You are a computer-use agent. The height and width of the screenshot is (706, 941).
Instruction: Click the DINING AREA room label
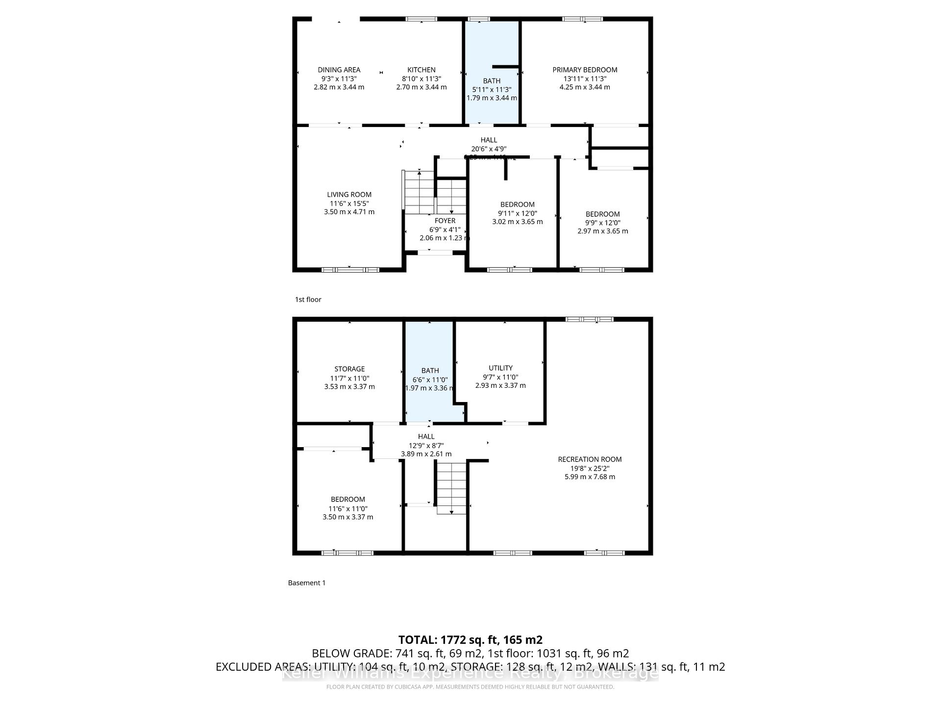[339, 70]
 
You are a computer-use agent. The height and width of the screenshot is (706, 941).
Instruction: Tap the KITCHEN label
[421, 70]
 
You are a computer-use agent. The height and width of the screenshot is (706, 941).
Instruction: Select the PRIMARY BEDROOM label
[585, 70]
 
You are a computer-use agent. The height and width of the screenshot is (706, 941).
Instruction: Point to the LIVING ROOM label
[349, 195]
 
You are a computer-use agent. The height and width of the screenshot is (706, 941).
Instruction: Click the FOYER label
[445, 221]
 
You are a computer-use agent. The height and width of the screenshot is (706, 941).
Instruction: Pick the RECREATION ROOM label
[590, 459]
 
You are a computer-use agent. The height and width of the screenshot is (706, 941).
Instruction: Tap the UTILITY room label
[500, 368]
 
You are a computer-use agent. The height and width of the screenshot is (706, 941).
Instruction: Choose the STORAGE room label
[349, 369]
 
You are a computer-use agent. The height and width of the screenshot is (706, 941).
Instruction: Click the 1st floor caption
[308, 300]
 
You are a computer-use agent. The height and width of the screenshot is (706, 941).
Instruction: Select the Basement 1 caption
[307, 583]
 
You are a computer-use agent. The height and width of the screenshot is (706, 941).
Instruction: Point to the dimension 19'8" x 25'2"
[590, 468]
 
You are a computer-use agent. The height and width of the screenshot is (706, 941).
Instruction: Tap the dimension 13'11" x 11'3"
[585, 78]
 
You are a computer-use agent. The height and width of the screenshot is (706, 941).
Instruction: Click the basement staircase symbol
[451, 488]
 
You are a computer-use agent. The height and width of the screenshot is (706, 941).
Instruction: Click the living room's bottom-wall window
[350, 270]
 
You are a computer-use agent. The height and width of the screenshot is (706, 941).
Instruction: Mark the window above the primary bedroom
[582, 19]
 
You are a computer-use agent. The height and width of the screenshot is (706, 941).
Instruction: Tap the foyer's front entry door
[435, 253]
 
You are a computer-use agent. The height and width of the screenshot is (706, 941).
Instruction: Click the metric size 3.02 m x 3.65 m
[517, 222]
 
